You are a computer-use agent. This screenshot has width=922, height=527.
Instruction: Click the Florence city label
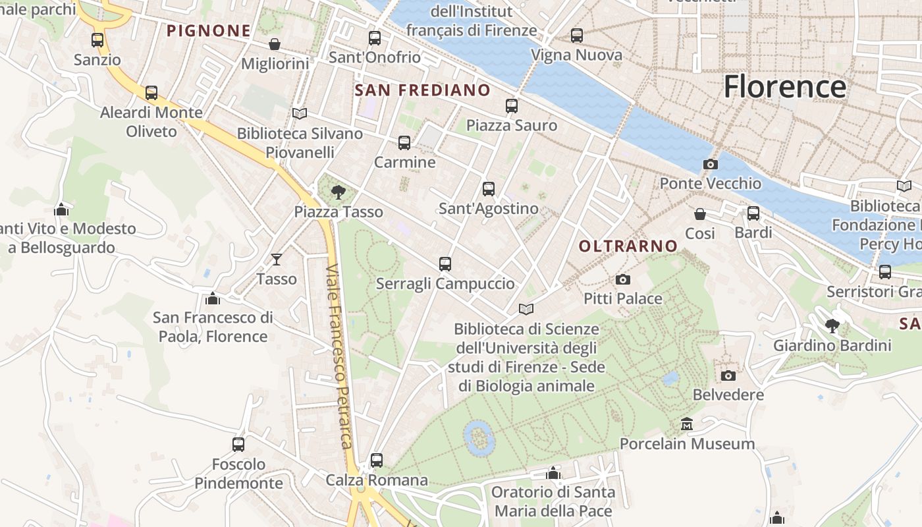784,88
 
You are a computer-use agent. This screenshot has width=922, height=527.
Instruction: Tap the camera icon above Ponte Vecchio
711,164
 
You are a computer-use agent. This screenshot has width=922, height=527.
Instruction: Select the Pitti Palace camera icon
623,280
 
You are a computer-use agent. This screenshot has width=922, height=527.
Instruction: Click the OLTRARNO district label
628,246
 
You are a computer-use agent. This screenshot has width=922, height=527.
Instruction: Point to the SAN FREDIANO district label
423,90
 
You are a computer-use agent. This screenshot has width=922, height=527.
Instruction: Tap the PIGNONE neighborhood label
208,30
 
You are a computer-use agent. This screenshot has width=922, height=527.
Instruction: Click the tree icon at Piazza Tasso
339,192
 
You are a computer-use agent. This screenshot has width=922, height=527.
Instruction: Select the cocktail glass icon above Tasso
277,260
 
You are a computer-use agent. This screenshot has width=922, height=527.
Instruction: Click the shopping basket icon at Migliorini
275,44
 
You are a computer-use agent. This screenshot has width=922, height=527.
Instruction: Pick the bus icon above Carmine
404,143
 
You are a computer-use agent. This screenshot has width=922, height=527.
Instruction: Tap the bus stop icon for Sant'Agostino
489,189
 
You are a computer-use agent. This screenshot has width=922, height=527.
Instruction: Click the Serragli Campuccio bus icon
445,264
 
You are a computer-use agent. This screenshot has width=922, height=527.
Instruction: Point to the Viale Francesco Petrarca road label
339,356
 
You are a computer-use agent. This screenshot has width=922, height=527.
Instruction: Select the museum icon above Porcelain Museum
687,424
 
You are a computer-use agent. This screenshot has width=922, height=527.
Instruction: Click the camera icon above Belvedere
728,375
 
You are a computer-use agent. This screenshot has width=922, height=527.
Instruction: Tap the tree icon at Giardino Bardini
832,325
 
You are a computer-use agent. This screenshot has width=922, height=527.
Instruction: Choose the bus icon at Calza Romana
377,460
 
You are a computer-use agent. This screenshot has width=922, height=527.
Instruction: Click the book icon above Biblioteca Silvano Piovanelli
300,114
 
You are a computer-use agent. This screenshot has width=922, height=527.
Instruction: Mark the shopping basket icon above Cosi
700,214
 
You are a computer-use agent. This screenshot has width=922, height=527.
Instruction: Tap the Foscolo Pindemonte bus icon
238,445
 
